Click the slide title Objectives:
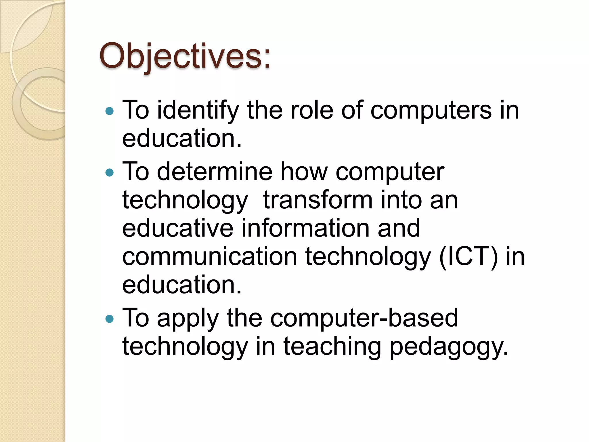(185, 56)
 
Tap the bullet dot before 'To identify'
(110, 111)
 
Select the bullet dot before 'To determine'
(110, 173)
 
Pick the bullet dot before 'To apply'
(110, 319)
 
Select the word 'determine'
(215, 172)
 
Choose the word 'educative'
(178, 228)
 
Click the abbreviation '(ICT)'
(468, 257)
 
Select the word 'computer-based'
(364, 318)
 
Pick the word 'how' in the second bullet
(304, 172)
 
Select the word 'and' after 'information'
(399, 228)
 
